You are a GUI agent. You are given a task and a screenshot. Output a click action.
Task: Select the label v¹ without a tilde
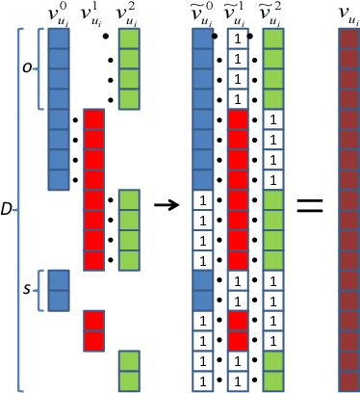pyautogui.click(x=94, y=13)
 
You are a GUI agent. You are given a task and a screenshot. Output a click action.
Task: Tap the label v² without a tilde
pyautogui.click(x=128, y=13)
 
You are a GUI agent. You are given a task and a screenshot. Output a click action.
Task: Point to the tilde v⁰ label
pyautogui.click(x=203, y=13)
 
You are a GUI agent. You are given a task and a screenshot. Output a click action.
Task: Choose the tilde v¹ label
pyautogui.click(x=238, y=13)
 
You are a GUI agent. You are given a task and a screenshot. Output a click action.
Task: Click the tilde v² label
pyautogui.click(x=272, y=13)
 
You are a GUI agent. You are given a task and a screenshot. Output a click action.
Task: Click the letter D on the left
pyautogui.click(x=8, y=208)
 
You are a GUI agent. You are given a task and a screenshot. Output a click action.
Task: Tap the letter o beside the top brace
pyautogui.click(x=27, y=67)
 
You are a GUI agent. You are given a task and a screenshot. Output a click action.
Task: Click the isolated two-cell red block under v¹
pyautogui.click(x=94, y=329)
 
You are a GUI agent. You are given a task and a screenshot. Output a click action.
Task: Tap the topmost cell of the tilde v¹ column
pyautogui.click(x=238, y=38)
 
